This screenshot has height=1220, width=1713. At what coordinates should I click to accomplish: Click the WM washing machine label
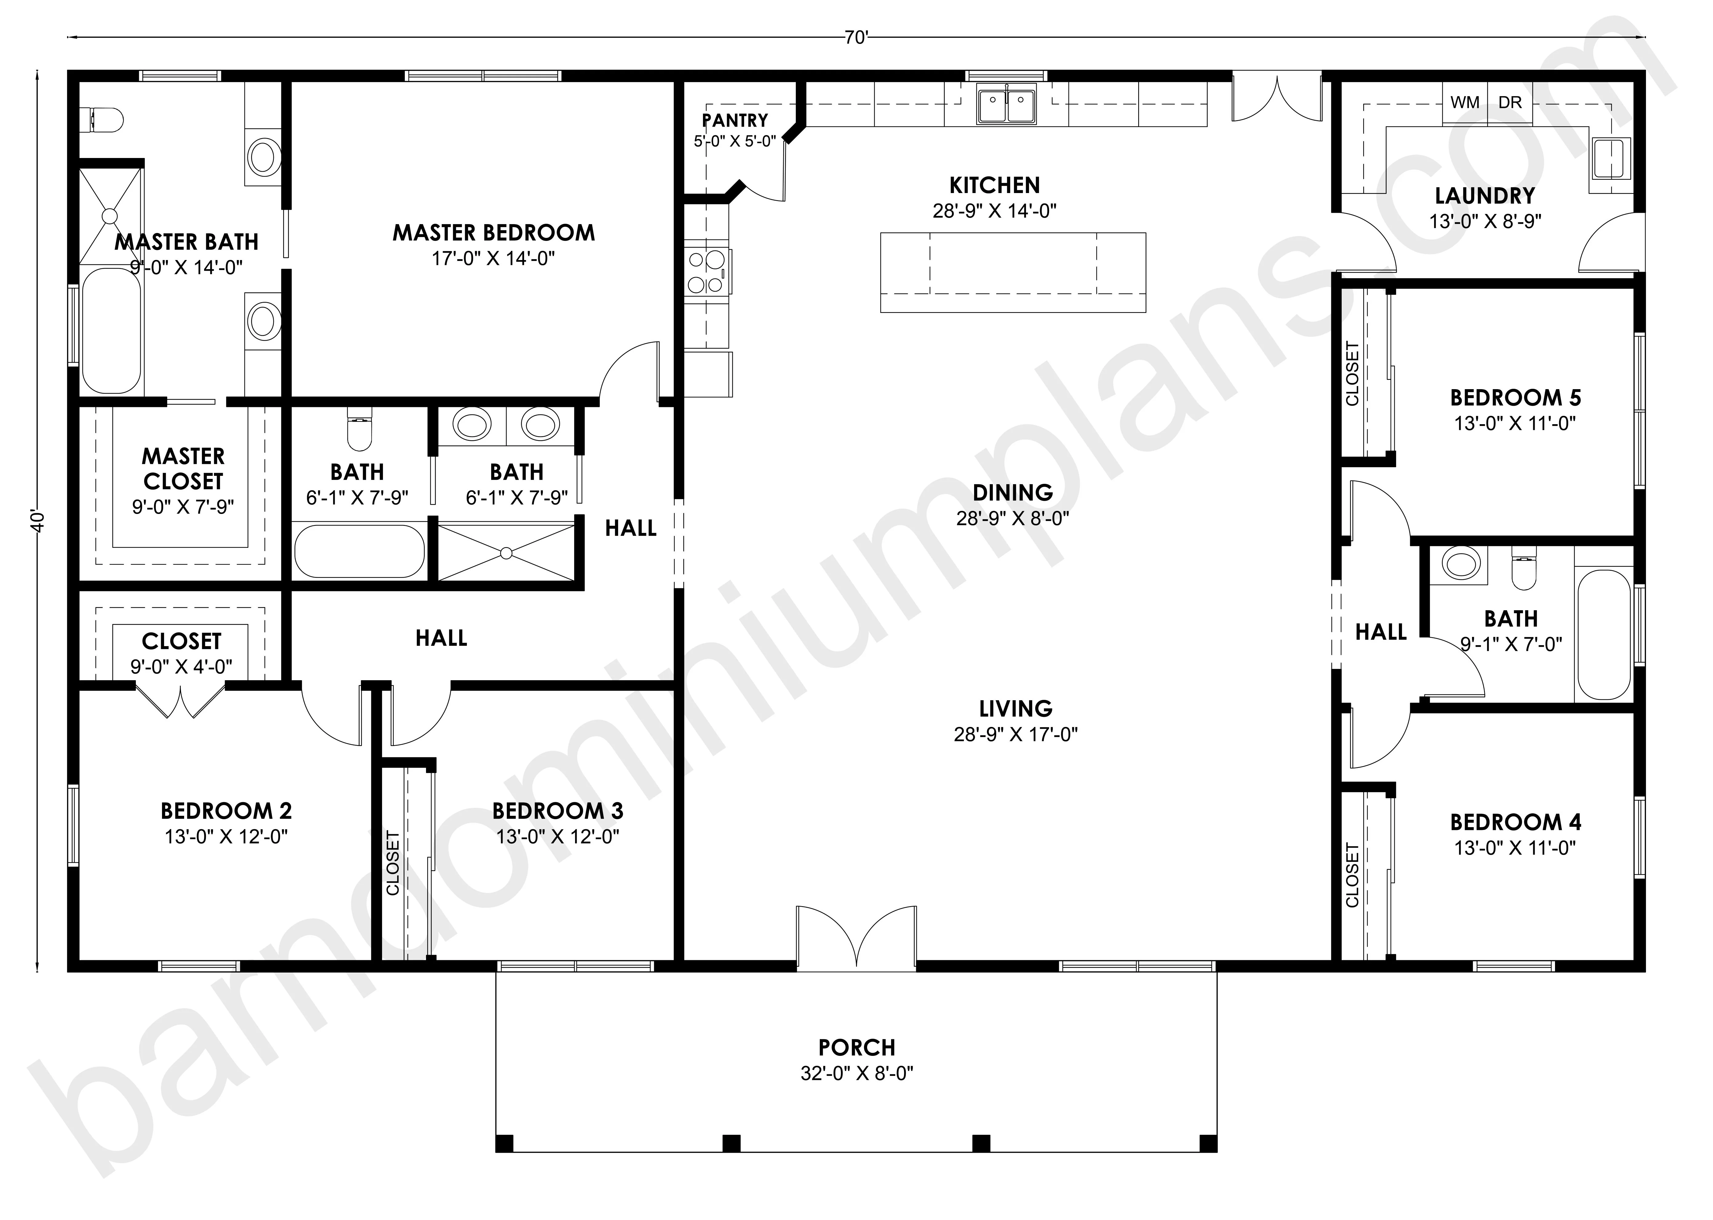click(1464, 102)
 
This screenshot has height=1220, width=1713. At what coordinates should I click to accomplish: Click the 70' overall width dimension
click(856, 38)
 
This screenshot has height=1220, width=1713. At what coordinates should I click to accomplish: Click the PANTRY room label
click(734, 120)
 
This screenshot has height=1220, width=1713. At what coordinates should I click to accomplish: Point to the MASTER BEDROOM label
click(493, 233)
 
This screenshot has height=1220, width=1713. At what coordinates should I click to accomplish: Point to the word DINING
click(1012, 493)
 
